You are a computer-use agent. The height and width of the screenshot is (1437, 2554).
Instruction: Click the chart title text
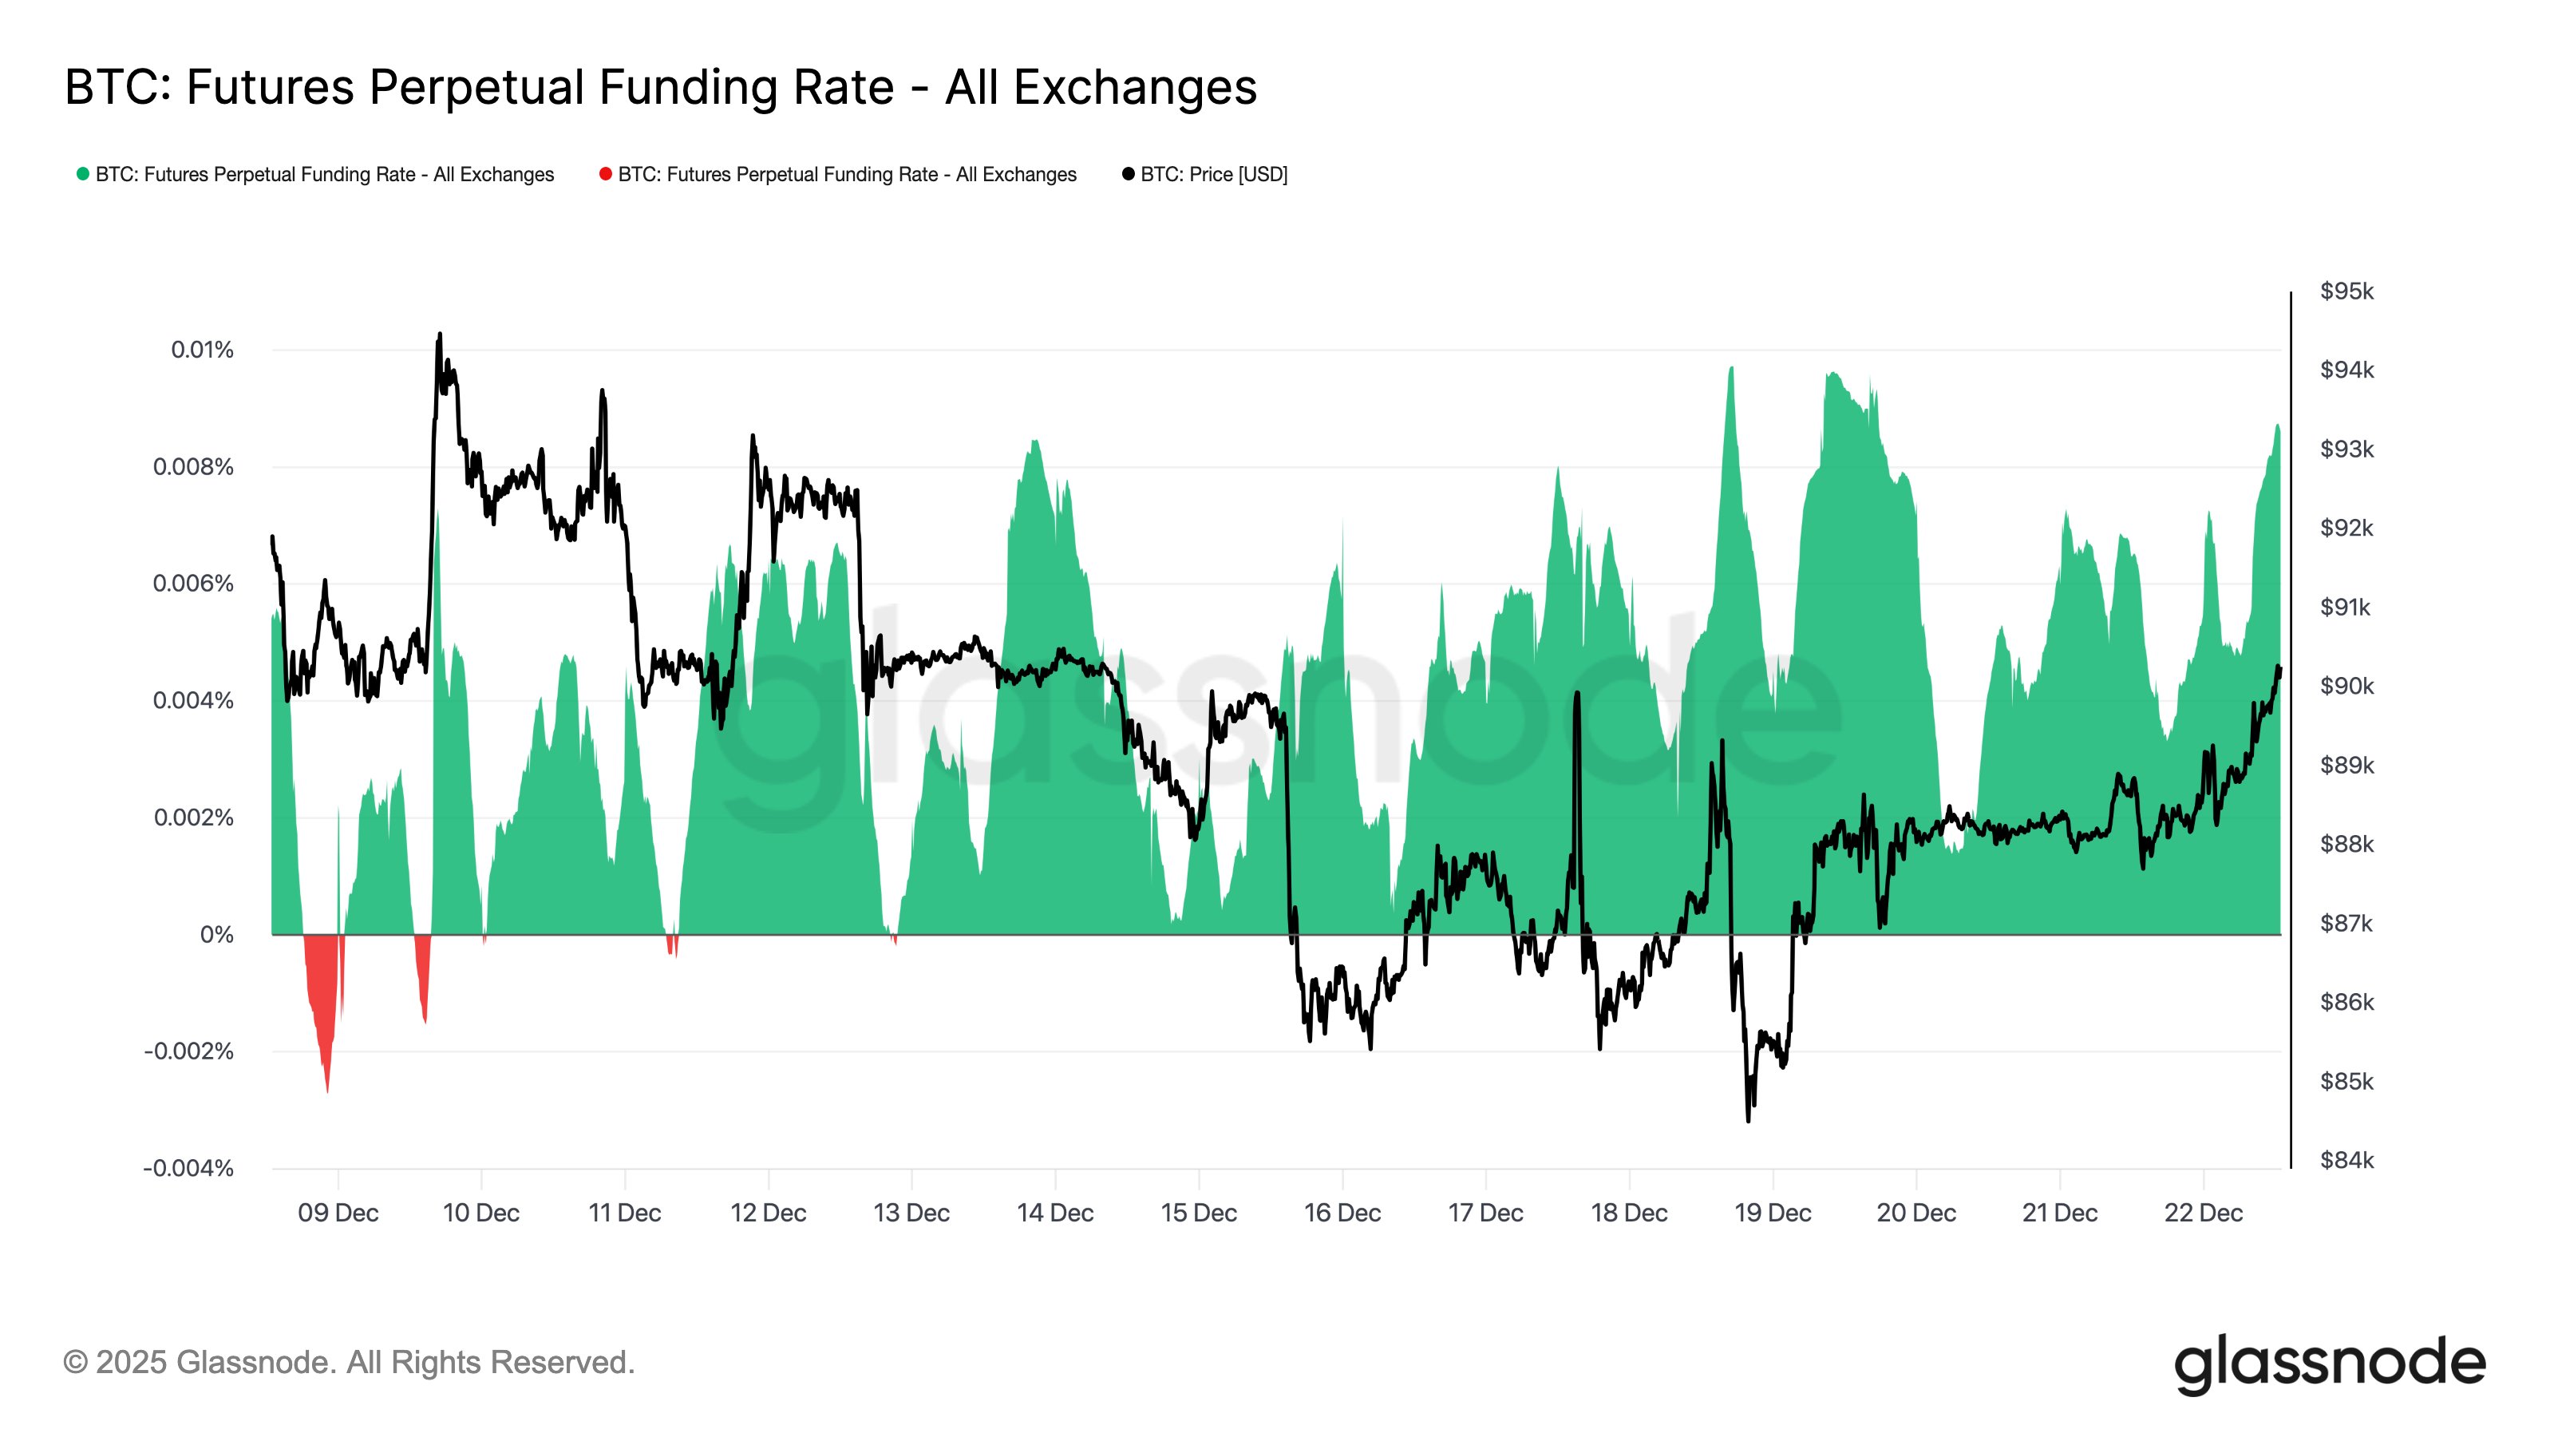click(x=660, y=87)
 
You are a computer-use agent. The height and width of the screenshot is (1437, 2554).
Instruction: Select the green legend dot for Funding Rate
click(x=83, y=175)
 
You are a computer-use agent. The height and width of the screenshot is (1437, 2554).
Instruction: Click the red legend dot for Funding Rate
click(x=606, y=175)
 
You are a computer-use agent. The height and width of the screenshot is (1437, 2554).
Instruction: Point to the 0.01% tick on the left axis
click(x=202, y=350)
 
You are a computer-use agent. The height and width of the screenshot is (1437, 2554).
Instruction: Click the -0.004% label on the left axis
click(x=188, y=1168)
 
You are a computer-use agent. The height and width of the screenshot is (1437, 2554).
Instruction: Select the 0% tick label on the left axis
click(x=216, y=935)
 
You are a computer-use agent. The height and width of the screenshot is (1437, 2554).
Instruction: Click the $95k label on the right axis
click(x=2346, y=291)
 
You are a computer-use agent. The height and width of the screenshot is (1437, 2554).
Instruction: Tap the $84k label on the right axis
click(x=2346, y=1160)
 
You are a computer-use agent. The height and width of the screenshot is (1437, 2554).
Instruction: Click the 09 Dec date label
click(x=338, y=1213)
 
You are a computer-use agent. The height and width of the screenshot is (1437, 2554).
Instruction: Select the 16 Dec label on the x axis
click(x=1342, y=1213)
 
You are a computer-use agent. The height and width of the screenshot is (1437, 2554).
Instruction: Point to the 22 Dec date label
click(x=2202, y=1213)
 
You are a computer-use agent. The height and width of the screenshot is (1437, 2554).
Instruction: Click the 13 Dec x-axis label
click(x=911, y=1213)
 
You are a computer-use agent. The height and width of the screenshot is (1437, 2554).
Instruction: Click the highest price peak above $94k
click(x=439, y=335)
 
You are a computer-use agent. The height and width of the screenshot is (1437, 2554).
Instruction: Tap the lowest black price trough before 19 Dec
click(x=1747, y=1118)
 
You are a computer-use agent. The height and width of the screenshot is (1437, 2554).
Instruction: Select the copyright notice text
click(x=348, y=1363)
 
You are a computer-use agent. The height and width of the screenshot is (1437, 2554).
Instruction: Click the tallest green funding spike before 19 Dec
click(x=1731, y=369)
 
